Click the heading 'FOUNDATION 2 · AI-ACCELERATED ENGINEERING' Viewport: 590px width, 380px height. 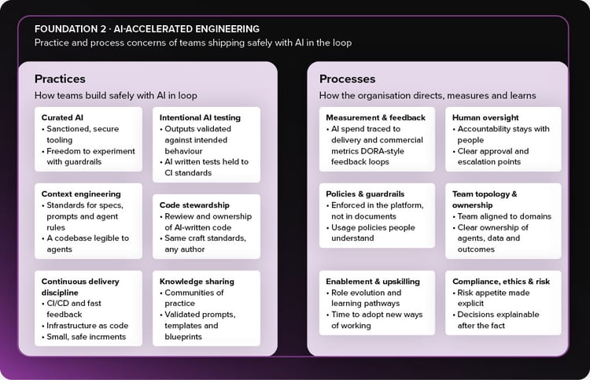click(x=147, y=29)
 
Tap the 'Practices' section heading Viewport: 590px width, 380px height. click(x=60, y=79)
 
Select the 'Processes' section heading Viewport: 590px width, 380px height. click(x=347, y=79)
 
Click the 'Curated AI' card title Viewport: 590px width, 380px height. click(x=62, y=117)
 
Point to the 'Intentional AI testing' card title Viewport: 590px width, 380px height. click(x=200, y=117)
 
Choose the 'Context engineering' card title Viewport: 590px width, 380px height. click(x=81, y=194)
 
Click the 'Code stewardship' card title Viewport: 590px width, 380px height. click(x=194, y=205)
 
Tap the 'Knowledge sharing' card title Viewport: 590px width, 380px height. click(x=197, y=282)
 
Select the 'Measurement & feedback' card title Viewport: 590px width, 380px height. click(x=375, y=117)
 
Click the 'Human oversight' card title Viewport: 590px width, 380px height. click(x=485, y=117)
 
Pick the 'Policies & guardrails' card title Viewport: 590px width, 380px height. click(x=365, y=194)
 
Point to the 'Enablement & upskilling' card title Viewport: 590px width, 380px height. click(x=373, y=282)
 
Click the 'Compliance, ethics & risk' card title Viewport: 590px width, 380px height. click(x=501, y=282)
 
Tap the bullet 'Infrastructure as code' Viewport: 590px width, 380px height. click(x=87, y=326)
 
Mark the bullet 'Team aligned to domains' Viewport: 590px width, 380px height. click(x=504, y=216)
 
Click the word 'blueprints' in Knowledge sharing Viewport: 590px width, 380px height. click(x=183, y=337)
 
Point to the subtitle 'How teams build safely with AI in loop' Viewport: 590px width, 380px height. click(x=116, y=95)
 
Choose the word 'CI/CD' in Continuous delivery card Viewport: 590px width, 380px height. click(x=57, y=303)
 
